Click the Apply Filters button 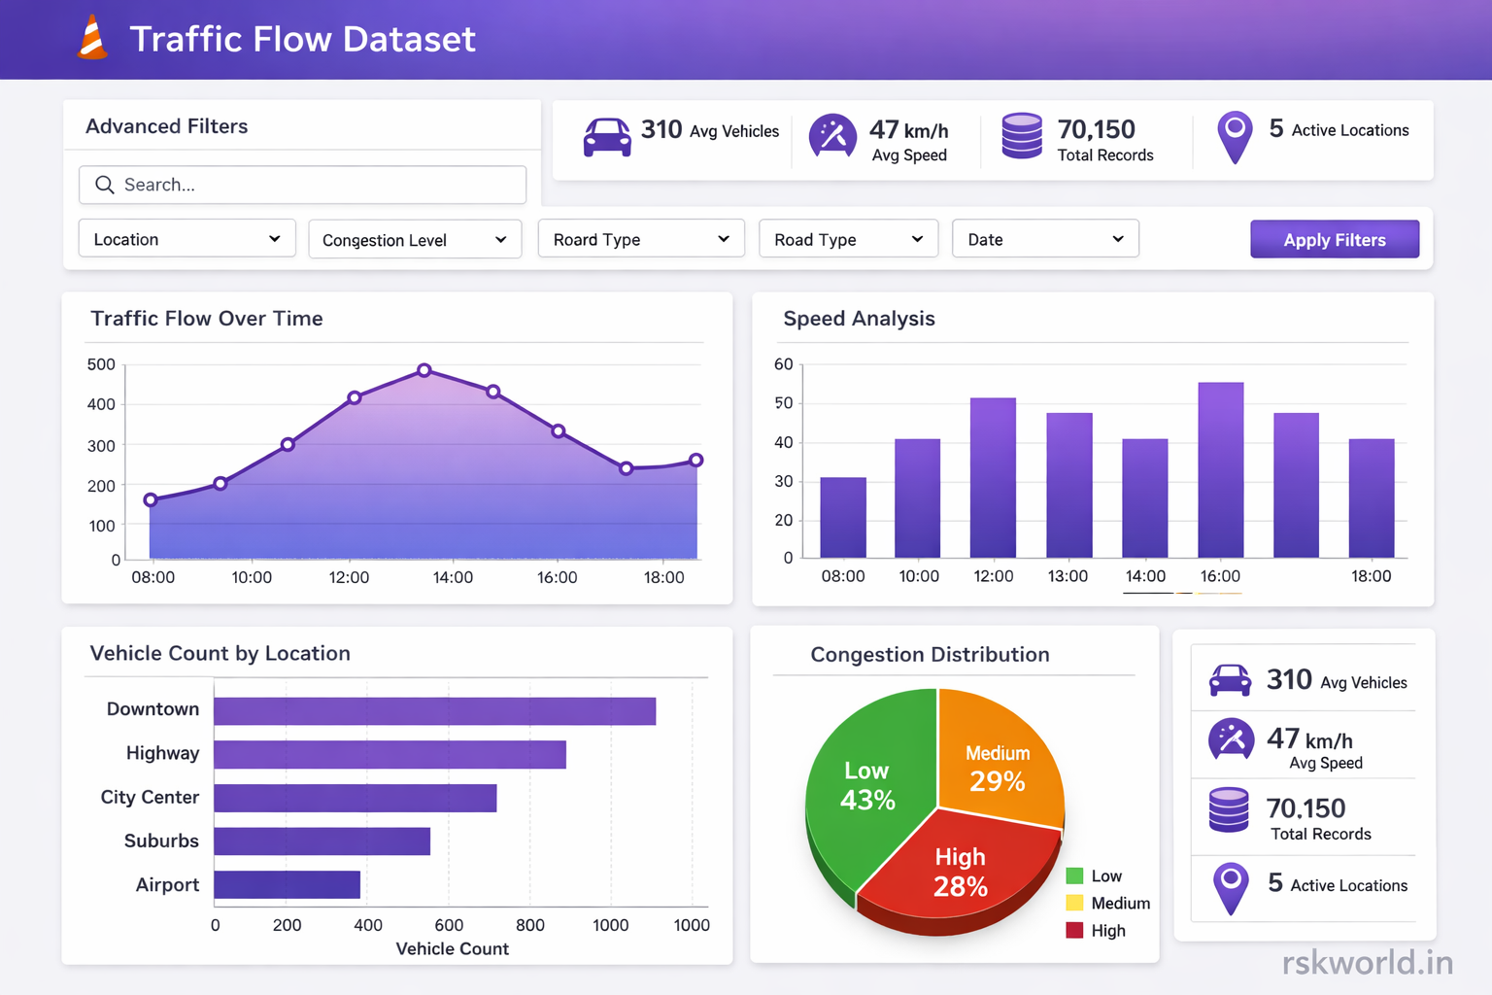(1334, 240)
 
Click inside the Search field (302, 185)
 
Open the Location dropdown (186, 239)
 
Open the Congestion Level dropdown (415, 240)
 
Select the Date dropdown (1045, 239)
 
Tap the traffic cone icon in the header (93, 39)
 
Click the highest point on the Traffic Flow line (424, 370)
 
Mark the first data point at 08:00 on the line (151, 500)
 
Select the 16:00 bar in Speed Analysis (1220, 470)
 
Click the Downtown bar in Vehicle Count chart (434, 711)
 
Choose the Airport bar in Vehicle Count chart (287, 885)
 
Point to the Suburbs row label (161, 841)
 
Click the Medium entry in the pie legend (1119, 904)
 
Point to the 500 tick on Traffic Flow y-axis (101, 364)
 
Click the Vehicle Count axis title (452, 949)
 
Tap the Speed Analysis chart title (859, 319)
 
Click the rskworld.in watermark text (1367, 963)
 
